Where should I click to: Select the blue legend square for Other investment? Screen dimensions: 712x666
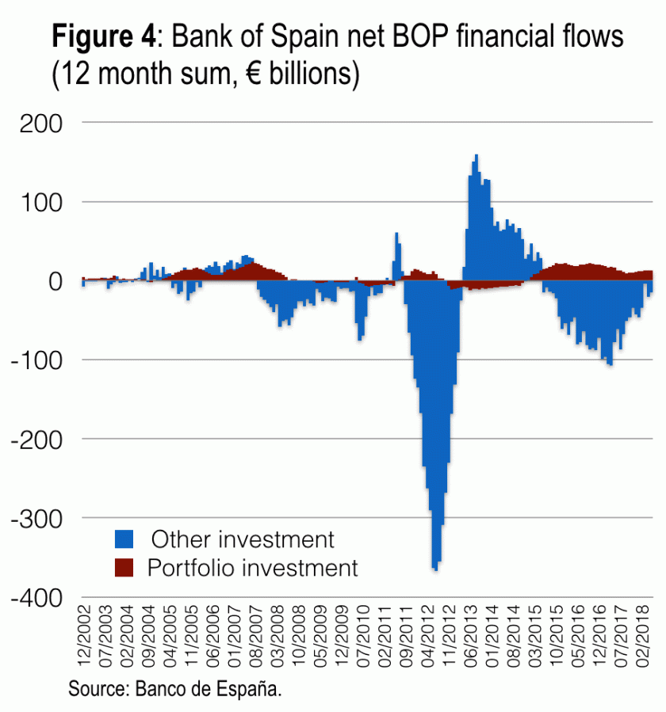click(124, 540)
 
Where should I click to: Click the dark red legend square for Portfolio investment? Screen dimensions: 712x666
click(124, 568)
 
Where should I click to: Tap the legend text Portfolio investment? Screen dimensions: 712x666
click(253, 568)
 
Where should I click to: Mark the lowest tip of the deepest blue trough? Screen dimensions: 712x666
click(435, 569)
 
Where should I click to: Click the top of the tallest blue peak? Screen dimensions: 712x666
click(476, 155)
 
